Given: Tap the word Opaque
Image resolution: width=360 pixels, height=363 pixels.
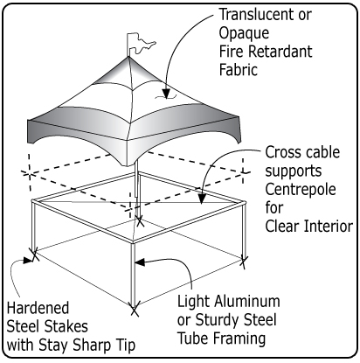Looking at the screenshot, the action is tap(244, 34).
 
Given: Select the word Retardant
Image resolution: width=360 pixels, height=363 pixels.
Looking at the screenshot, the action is tap(280, 52).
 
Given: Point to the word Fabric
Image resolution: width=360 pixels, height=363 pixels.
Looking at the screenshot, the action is tap(239, 70).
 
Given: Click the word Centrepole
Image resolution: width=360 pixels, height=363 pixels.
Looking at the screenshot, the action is tap(301, 190).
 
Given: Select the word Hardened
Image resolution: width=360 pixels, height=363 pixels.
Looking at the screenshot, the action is tap(38, 308).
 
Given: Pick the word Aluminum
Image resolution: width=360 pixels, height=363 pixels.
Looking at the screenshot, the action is tap(247, 301).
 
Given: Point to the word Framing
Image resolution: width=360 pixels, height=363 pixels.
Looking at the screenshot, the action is tap(239, 339).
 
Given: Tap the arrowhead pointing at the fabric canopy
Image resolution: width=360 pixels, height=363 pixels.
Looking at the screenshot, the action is tap(166, 93).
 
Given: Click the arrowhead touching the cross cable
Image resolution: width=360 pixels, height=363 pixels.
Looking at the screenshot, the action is tap(201, 199).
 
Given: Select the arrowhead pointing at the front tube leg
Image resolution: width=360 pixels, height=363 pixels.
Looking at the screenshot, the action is tap(140, 262).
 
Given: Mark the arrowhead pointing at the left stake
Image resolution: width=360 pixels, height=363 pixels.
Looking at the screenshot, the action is tap(27, 259).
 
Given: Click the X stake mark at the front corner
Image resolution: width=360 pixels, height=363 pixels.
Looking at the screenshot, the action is tap(135, 309).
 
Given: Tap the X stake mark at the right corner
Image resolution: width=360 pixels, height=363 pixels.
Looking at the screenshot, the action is tap(244, 262).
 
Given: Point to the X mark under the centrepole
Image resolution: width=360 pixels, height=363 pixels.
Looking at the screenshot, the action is tap(140, 221).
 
